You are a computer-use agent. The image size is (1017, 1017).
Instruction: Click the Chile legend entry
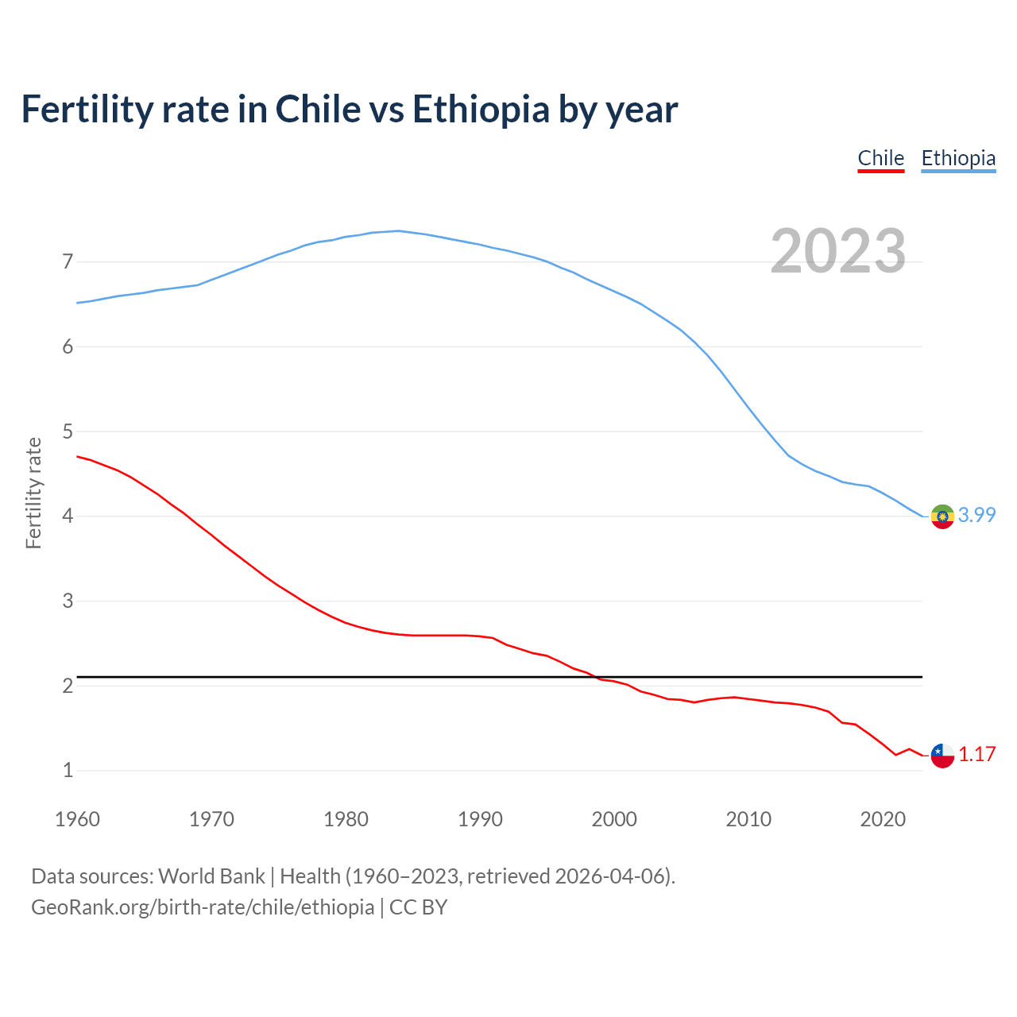(x=880, y=158)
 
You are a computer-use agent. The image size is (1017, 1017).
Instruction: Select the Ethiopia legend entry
(x=958, y=158)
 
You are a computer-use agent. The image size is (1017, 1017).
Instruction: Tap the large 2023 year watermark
(x=837, y=251)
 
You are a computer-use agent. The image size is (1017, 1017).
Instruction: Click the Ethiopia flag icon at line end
(x=942, y=516)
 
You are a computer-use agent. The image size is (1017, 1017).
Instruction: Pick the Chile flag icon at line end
(x=942, y=756)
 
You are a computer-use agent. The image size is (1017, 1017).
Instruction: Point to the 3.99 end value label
(x=976, y=515)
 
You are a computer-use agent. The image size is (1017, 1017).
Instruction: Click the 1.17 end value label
(x=976, y=754)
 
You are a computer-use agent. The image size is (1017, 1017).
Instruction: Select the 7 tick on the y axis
(x=68, y=261)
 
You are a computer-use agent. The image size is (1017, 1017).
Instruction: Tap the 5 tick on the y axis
(x=68, y=431)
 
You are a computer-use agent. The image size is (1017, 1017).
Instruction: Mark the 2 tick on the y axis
(x=68, y=686)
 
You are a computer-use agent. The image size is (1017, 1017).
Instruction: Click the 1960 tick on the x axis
(x=77, y=819)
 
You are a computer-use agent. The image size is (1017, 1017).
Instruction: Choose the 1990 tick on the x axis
(x=480, y=819)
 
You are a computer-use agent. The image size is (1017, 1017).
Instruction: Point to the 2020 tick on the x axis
(x=883, y=819)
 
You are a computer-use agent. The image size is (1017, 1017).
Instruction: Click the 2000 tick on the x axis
(x=614, y=819)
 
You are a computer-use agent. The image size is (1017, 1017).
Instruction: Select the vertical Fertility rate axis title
(x=33, y=493)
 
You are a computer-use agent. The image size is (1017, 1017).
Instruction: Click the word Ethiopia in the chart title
(x=480, y=109)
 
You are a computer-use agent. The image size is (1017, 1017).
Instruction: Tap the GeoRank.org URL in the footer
(x=203, y=907)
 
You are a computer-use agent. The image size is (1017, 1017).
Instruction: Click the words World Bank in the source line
(x=211, y=876)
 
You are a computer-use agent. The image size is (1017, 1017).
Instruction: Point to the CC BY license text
(x=418, y=907)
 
